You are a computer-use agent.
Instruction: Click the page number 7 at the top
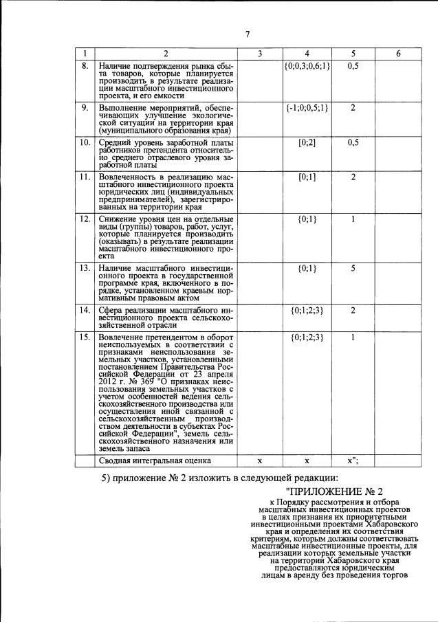point(247,35)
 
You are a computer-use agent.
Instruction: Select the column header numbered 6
point(398,54)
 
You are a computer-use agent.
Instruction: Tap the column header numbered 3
point(260,54)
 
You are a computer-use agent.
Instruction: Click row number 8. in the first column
point(85,65)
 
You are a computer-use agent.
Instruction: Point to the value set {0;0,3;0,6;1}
point(307,65)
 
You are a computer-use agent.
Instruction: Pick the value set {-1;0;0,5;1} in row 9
point(307,108)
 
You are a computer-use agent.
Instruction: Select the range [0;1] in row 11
point(307,177)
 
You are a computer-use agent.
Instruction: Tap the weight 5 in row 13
point(352,268)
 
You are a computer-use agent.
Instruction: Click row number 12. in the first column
point(85,219)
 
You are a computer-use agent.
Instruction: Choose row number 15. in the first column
point(85,337)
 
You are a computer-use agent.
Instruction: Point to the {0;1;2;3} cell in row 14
point(307,310)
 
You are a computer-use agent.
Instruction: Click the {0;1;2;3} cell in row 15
point(307,337)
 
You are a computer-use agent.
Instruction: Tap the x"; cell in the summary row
point(353,460)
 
